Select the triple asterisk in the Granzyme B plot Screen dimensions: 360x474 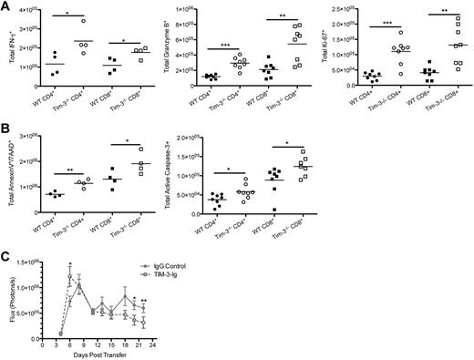pos(223,44)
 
